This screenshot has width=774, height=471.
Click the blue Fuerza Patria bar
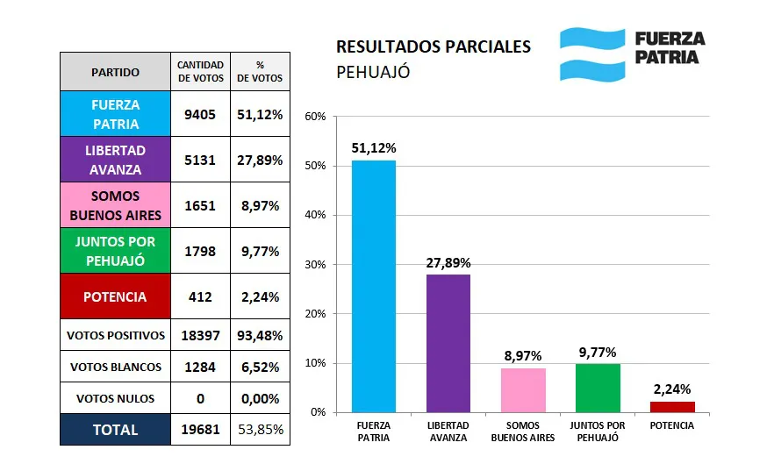374,286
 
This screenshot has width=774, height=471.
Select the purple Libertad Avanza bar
448,343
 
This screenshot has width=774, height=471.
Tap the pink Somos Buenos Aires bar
523,389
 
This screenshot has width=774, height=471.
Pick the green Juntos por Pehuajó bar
598,388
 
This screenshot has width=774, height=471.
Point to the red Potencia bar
672,406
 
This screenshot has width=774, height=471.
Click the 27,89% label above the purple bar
448,262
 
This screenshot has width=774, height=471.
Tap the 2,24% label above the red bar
672,389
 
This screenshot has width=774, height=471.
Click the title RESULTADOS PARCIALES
434,46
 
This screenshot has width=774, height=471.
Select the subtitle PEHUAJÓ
373,72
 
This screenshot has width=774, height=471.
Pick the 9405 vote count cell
200,114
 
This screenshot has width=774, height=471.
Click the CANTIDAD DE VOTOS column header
200,71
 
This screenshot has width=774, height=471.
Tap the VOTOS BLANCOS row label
115,367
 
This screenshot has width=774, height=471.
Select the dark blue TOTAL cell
115,430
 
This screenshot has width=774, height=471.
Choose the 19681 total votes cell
200,430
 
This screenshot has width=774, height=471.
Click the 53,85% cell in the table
260,430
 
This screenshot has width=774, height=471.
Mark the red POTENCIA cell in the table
115,296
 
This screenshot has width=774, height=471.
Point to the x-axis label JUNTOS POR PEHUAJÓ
598,431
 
